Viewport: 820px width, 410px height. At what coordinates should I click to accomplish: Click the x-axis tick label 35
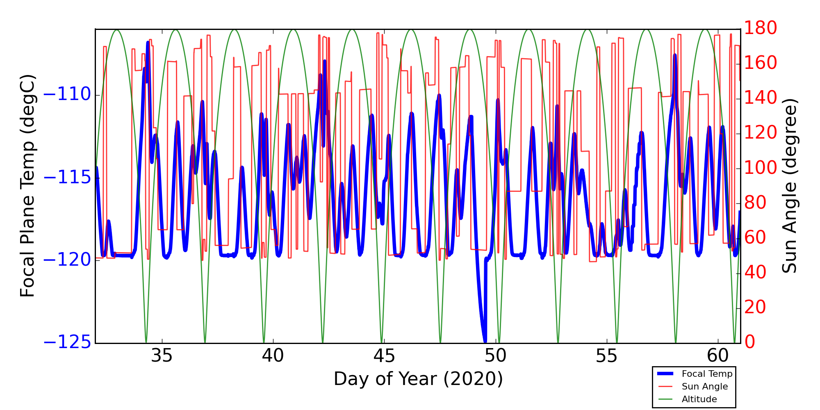pyautogui.click(x=162, y=356)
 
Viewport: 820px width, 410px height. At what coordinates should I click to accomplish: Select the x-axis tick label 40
pyautogui.click(x=273, y=356)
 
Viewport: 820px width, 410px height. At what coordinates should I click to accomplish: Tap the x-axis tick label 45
pyautogui.click(x=384, y=356)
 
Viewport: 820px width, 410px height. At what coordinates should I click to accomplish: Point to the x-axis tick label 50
pyautogui.click(x=495, y=356)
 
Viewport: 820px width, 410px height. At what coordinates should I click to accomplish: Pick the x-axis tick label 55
pyautogui.click(x=606, y=356)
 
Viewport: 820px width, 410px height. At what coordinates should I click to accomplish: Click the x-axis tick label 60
pyautogui.click(x=718, y=356)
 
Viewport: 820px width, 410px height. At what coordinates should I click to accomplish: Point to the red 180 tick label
pyautogui.click(x=761, y=28)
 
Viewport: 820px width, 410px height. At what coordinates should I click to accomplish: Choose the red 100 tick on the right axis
pyautogui.click(x=761, y=168)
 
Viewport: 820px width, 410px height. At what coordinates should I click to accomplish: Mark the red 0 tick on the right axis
pyautogui.click(x=750, y=342)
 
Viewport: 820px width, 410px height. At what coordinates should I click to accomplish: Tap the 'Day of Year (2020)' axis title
pyautogui.click(x=418, y=379)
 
